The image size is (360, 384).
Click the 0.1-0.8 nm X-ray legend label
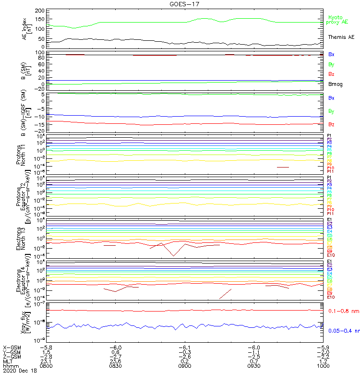click(x=344, y=311)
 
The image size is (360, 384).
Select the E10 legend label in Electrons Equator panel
click(x=331, y=297)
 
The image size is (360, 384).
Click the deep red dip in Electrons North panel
click(x=173, y=256)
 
